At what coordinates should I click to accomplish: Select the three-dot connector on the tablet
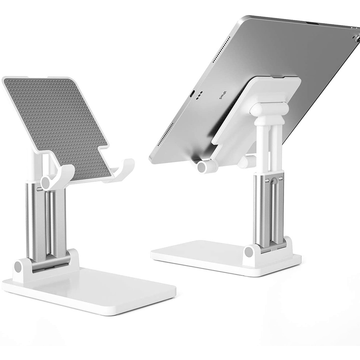click(x=200, y=96)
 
